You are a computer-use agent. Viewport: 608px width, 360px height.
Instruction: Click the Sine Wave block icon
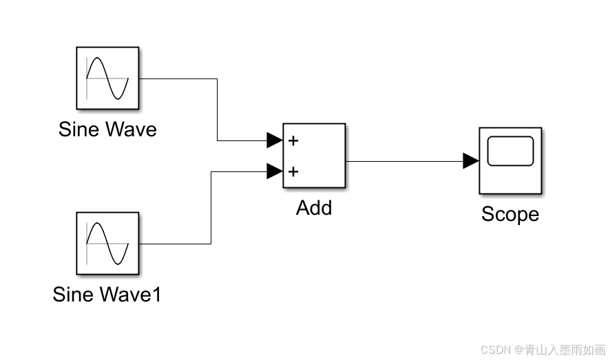coord(107,78)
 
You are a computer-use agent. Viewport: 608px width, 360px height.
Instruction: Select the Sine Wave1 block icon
coord(107,244)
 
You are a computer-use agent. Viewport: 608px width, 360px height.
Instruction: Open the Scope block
coord(510,160)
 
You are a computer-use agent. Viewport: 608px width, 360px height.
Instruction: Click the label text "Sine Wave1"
coord(107,295)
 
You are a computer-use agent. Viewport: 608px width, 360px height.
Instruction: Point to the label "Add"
coord(313,207)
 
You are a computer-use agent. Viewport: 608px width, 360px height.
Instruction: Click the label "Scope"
coord(510,214)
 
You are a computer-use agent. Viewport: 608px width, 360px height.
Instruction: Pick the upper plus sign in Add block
coord(293,141)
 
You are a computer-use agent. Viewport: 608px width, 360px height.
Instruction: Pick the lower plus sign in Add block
coord(293,171)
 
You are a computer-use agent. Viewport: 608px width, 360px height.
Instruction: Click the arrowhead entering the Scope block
coord(471,161)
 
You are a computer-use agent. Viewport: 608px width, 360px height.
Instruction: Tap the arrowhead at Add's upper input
coord(274,141)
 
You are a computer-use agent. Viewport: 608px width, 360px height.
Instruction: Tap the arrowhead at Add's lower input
coord(274,171)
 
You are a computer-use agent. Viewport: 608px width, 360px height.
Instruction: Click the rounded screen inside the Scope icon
coord(510,151)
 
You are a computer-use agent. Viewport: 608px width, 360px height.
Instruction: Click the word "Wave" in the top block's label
coord(131,129)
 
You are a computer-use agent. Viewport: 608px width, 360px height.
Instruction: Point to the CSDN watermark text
coord(543,350)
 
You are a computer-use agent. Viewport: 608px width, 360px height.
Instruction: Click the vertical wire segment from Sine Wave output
coord(218,110)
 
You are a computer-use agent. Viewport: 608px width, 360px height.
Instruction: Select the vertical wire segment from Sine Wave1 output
coord(211,207)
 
